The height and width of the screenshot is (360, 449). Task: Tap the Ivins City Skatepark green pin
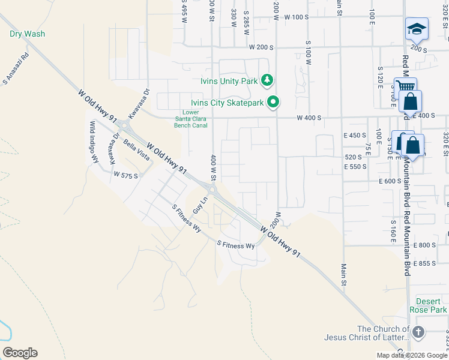pos(274,103)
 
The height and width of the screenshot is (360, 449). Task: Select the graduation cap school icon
pos(415,29)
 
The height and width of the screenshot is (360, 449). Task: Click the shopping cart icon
pos(405,88)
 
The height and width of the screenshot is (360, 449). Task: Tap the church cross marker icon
pos(418,332)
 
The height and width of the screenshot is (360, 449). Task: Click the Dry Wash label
pos(28,34)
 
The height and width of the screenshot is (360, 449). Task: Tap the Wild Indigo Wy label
pos(94,142)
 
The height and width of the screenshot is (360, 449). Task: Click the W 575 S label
pos(126,175)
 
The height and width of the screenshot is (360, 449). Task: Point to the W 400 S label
pos(309,118)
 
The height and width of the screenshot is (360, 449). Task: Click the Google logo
pos(20,353)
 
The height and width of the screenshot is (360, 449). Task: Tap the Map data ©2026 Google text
pos(412,355)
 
